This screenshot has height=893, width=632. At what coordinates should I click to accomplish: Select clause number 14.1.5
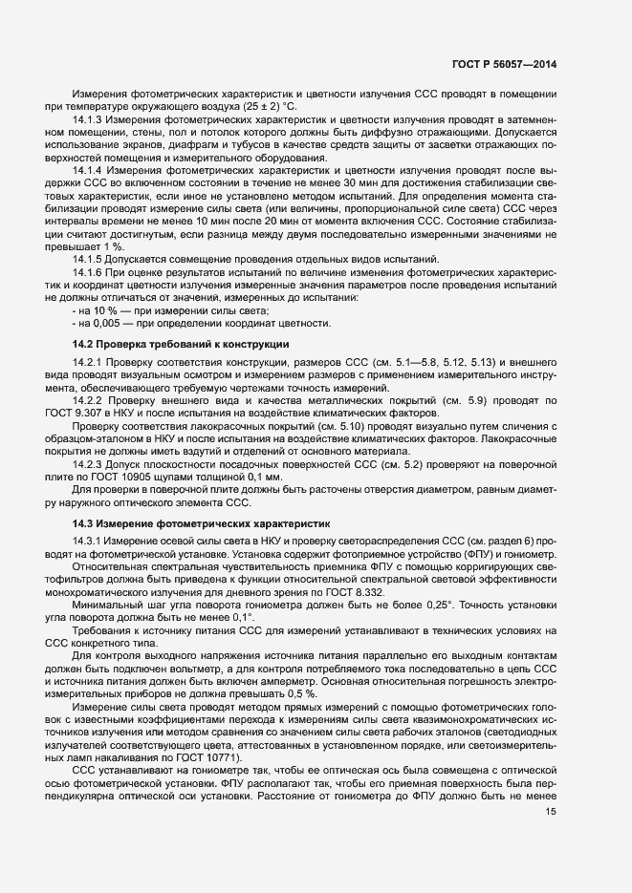click(88, 260)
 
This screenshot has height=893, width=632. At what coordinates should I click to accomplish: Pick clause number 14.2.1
click(89, 362)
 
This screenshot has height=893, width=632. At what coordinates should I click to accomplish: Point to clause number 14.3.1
click(88, 542)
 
